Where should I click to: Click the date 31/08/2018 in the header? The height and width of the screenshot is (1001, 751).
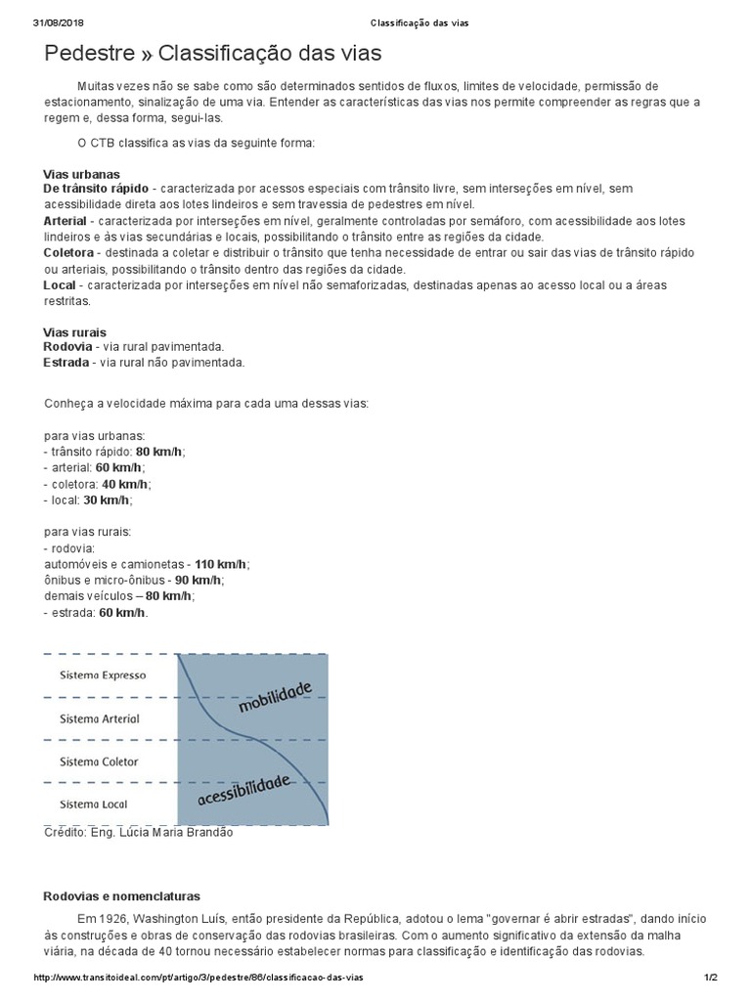pos(55,22)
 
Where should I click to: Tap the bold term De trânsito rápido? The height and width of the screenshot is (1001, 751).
pos(96,188)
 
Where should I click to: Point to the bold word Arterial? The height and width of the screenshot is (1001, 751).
pos(66,221)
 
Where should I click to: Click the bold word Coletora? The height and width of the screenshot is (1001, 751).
pos(68,253)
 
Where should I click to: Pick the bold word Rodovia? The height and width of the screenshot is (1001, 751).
pos(68,347)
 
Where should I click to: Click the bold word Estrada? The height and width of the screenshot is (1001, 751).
pos(66,363)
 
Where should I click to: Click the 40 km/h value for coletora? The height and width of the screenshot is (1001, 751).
pos(125,484)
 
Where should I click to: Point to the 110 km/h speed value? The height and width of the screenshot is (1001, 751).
pos(220,565)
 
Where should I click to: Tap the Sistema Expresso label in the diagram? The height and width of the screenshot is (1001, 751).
pos(103,675)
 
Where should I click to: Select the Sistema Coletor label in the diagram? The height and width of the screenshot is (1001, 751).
pos(99,762)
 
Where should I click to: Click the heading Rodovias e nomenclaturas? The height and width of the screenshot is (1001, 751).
pos(121,895)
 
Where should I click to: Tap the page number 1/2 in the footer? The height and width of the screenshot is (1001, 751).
pos(711,978)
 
